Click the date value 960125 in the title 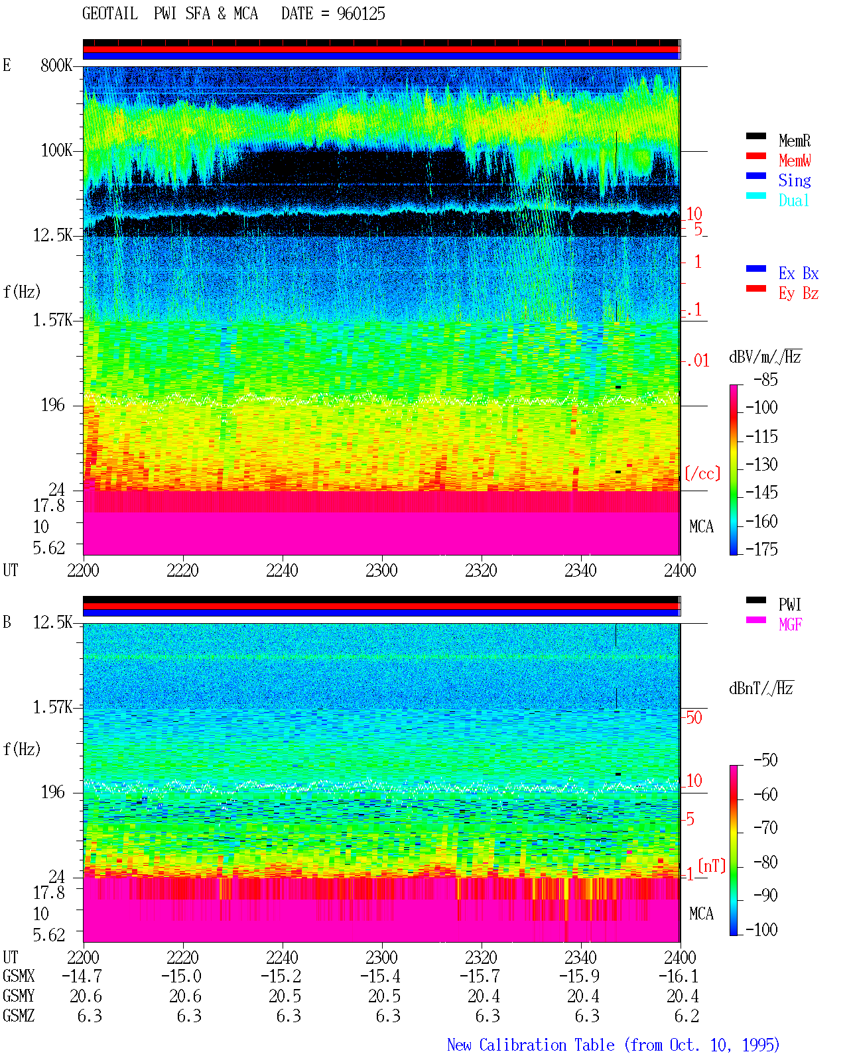point(361,14)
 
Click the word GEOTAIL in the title point(110,14)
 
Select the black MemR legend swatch point(755,136)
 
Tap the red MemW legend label point(795,160)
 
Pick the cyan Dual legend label point(793,200)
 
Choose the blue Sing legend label point(795,180)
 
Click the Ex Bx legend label point(799,273)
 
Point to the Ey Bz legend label point(799,294)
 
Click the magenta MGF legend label point(791,624)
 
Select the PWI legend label point(790,604)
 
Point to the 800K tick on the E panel point(56,65)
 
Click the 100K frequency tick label point(56,150)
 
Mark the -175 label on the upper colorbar point(761,549)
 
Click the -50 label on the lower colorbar point(765,760)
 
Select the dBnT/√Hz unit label point(761,689)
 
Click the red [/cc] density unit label point(702,473)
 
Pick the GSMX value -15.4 point(381,976)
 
